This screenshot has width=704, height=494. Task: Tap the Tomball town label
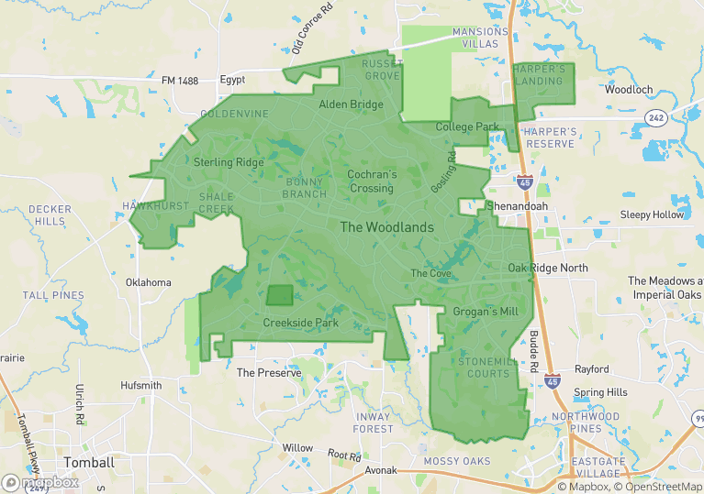click(89, 462)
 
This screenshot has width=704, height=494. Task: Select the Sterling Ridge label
click(229, 162)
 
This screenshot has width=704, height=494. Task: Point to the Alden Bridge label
click(351, 104)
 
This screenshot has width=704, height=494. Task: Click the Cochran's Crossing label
click(372, 181)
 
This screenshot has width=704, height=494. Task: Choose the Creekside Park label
click(300, 323)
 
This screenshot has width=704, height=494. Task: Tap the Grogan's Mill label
click(486, 312)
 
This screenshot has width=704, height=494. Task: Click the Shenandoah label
click(516, 206)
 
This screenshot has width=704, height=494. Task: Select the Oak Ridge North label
click(547, 268)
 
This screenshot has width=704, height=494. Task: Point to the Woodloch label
click(629, 90)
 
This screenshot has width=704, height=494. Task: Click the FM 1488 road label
click(180, 81)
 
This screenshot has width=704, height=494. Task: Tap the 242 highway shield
click(655, 117)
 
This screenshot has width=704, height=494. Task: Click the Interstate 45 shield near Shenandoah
click(524, 182)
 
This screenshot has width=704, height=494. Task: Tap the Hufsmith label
click(140, 386)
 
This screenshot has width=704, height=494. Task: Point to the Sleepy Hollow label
click(653, 214)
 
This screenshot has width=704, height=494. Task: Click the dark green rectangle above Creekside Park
click(279, 295)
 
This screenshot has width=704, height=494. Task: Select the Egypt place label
click(232, 81)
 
